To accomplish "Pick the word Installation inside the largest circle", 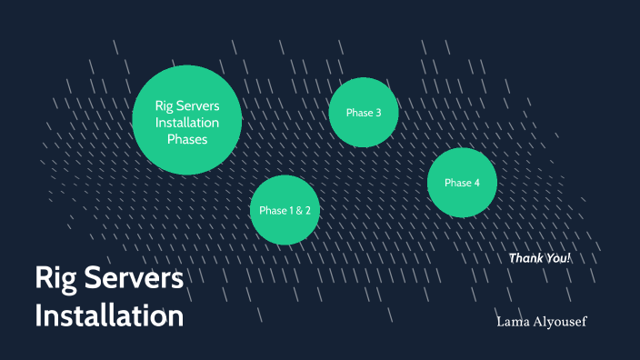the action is pyautogui.click(x=187, y=123).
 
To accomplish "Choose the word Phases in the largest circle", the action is pyautogui.click(x=187, y=139).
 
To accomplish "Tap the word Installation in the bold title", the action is pyautogui.click(x=109, y=316).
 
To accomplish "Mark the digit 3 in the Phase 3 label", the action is pyautogui.click(x=377, y=113).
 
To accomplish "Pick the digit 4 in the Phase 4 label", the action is pyautogui.click(x=475, y=184).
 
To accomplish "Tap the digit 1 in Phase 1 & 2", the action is pyautogui.click(x=292, y=211).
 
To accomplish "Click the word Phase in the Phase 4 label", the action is pyautogui.click(x=457, y=184).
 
